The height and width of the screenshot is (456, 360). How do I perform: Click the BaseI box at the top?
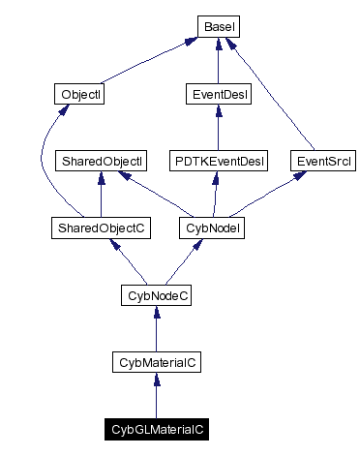coord(218,26)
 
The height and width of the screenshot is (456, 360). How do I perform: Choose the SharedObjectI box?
coord(102,161)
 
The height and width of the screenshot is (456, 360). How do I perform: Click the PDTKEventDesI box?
coord(218,161)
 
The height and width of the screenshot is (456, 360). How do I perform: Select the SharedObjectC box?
coord(99,228)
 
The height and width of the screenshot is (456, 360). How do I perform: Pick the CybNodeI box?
coord(211,228)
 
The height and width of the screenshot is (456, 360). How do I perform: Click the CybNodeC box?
coord(156,294)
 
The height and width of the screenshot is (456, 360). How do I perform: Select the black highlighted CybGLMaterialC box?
coord(156,428)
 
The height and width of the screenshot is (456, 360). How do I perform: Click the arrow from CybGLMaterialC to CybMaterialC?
coord(156,397)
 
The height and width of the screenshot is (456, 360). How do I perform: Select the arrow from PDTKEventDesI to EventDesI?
coord(218,129)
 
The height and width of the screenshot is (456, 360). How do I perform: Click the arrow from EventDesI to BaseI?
coord(218,62)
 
